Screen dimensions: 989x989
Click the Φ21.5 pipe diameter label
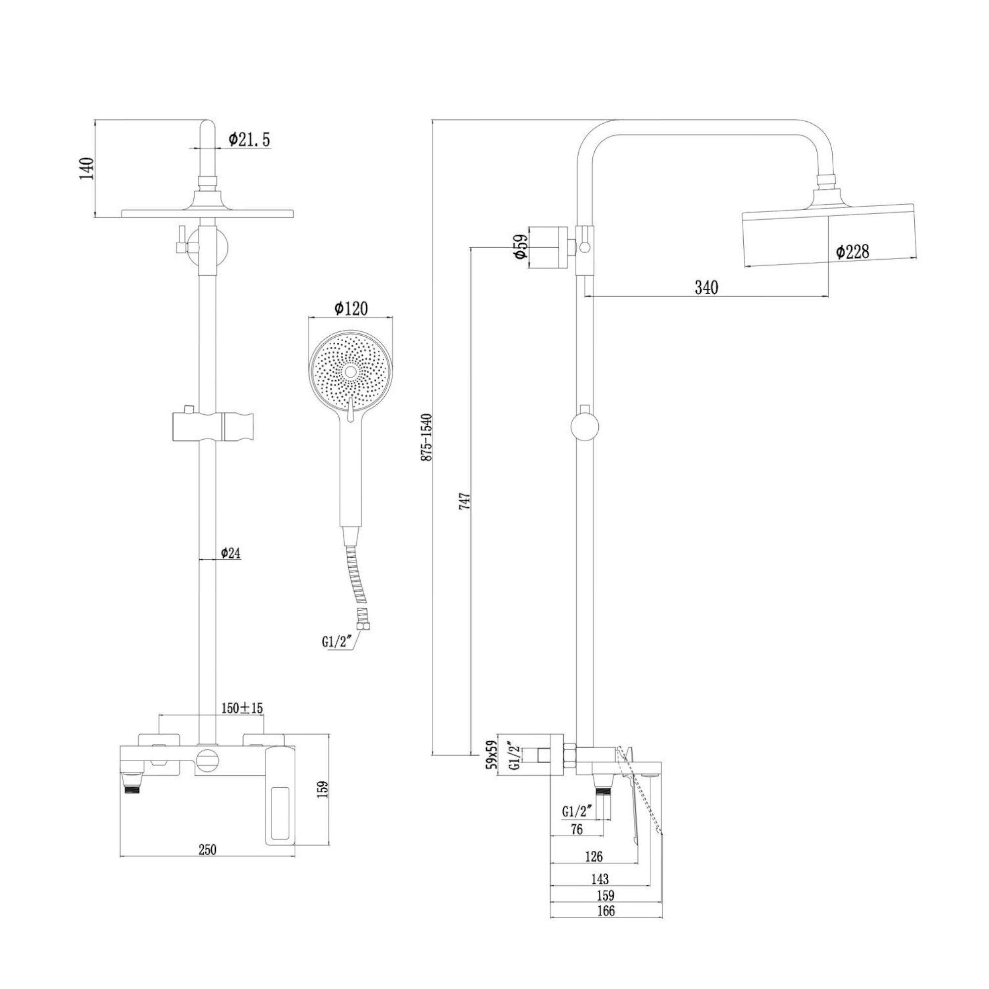pyautogui.click(x=249, y=139)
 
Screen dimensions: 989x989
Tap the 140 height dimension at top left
pyautogui.click(x=87, y=169)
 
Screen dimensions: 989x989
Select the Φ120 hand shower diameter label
pyautogui.click(x=351, y=308)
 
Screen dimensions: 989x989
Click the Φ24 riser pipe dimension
pyautogui.click(x=231, y=553)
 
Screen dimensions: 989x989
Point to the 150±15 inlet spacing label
pyautogui.click(x=242, y=708)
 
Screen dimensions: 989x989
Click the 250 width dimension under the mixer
pyautogui.click(x=207, y=850)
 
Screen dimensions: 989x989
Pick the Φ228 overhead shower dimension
pyautogui.click(x=853, y=252)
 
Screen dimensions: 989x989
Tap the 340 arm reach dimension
pyautogui.click(x=707, y=288)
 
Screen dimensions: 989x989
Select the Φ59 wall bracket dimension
pyautogui.click(x=520, y=247)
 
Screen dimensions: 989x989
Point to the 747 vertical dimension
pyautogui.click(x=465, y=500)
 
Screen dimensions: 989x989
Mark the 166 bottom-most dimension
pyautogui.click(x=606, y=911)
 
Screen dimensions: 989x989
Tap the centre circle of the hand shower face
pyautogui.click(x=351, y=372)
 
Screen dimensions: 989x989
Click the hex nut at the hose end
pyautogui.click(x=364, y=627)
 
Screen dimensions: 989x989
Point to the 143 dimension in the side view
pyautogui.click(x=600, y=879)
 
